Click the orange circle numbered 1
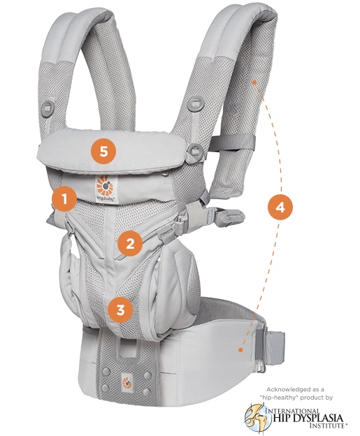(x=64, y=199)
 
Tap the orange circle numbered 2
(x=130, y=244)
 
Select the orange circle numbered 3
(x=120, y=310)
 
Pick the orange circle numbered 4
(x=280, y=208)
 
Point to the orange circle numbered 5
(x=103, y=152)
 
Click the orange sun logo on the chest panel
(x=105, y=185)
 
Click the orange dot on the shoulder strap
(x=254, y=82)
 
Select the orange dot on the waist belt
(x=240, y=349)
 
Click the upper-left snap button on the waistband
(x=106, y=371)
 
